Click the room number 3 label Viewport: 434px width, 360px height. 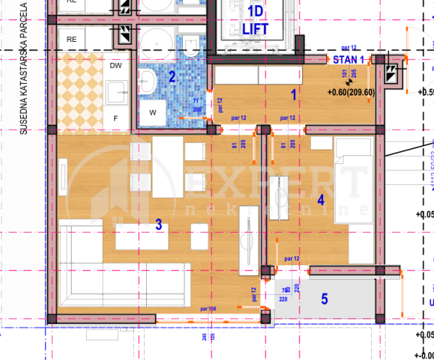[x=158, y=224]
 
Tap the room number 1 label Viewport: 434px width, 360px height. [x=294, y=93]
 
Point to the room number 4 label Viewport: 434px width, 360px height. [x=321, y=200]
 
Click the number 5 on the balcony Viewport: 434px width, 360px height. [x=325, y=298]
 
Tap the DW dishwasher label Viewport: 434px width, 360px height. [x=116, y=66]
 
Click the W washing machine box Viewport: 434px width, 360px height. [x=153, y=113]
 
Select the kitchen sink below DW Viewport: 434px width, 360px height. [x=114, y=91]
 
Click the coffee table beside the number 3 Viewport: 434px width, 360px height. [x=142, y=236]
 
